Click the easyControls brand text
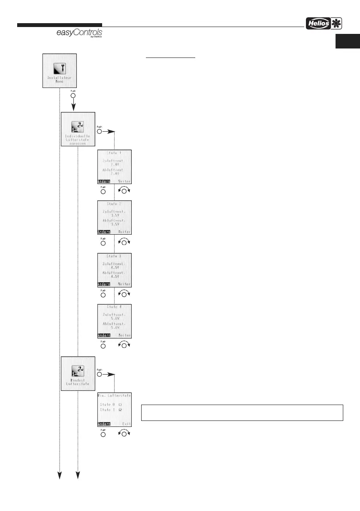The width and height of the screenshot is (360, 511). (79, 33)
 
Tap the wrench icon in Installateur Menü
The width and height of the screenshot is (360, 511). (59, 68)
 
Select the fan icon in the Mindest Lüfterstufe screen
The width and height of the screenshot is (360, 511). (78, 371)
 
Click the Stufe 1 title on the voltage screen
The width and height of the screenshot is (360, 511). (114, 153)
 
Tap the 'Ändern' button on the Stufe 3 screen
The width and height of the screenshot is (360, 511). (104, 284)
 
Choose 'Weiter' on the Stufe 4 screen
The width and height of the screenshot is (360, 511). (124, 336)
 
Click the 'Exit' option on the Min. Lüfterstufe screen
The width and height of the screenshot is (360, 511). (126, 424)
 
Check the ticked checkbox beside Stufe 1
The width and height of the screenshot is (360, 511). (120, 410)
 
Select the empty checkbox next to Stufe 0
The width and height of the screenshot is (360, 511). (120, 404)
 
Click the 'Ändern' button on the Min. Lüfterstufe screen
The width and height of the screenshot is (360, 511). (104, 424)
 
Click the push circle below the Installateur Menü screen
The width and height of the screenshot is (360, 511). (73, 96)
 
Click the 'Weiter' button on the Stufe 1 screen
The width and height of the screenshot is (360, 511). (124, 181)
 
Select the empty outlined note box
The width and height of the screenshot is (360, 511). (242, 412)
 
